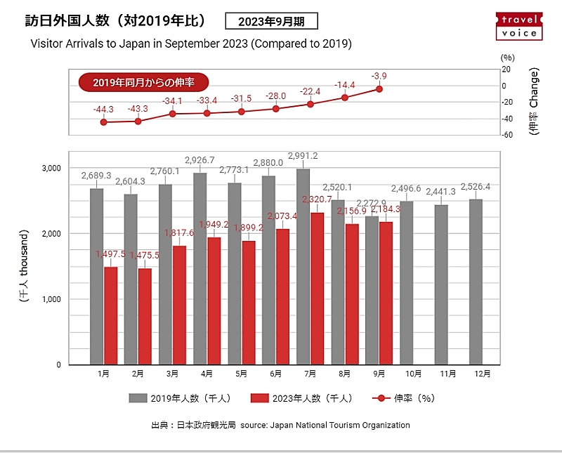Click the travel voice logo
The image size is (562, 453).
pyautogui.click(x=521, y=25)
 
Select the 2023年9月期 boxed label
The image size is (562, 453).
pyautogui.click(x=271, y=21)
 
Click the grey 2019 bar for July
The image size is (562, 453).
pyautogui.click(x=303, y=267)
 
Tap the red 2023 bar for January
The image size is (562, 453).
pyautogui.click(x=110, y=316)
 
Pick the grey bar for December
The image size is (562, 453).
pyautogui.click(x=476, y=282)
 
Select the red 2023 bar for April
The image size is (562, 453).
pyautogui.click(x=214, y=301)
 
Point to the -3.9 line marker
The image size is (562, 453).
pyautogui.click(x=379, y=89)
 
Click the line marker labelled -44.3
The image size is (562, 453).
pyautogui.click(x=104, y=122)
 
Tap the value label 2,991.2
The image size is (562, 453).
pyautogui.click(x=303, y=156)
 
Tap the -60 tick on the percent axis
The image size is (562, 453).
pyautogui.click(x=506, y=135)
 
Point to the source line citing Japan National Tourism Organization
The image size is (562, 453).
pyautogui.click(x=280, y=425)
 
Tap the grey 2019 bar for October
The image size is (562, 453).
pyautogui.click(x=406, y=283)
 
